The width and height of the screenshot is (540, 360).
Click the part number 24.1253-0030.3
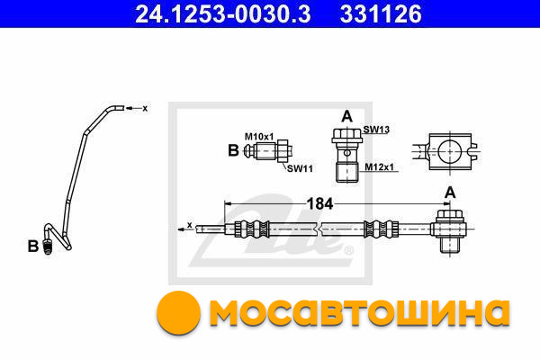(223, 13)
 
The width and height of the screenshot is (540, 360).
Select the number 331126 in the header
(381, 13)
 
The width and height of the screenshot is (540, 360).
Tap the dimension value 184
(319, 203)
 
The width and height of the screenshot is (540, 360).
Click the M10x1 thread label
(259, 137)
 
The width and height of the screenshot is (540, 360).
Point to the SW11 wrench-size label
(300, 168)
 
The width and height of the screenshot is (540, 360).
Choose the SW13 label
(376, 130)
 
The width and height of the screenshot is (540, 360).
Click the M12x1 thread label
(379, 167)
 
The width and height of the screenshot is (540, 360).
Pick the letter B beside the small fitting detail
(233, 150)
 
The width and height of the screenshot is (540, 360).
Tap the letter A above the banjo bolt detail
(346, 116)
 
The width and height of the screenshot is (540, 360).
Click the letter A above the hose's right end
(450, 193)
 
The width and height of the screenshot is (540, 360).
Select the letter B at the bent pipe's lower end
(33, 247)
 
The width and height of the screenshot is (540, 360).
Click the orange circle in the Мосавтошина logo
(178, 312)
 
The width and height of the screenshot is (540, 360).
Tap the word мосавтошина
(359, 312)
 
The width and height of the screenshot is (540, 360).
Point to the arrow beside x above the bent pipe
(133, 109)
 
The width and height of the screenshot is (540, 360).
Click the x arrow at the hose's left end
(184, 229)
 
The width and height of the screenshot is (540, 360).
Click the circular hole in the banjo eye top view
(449, 151)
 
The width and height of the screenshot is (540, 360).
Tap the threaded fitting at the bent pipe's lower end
(48, 246)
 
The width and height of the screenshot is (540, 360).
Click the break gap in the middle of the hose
(319, 229)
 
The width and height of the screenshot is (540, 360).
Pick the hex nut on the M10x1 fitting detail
(283, 151)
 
